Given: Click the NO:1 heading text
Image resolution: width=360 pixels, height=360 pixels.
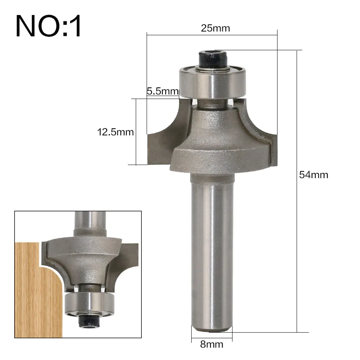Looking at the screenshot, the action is point(48,26).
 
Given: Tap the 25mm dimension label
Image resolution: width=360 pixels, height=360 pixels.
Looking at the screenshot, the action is point(215,28).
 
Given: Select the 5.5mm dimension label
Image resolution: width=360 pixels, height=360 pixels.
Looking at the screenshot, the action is point(163,91).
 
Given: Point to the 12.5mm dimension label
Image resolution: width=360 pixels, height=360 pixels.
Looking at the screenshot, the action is point(115,132).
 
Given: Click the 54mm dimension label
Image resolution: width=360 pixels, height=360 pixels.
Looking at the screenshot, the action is point(313,175).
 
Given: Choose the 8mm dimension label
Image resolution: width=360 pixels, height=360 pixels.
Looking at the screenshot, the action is point(211,344).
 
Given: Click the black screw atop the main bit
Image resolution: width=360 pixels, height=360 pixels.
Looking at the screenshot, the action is point(213,58).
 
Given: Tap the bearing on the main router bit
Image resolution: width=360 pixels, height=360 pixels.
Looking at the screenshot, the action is point(212,82).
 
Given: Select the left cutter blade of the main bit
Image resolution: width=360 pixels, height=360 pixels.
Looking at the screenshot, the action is point(163,142).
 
